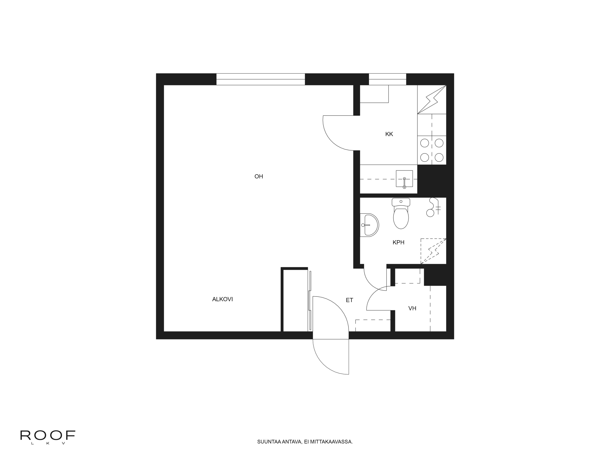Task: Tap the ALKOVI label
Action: tap(222, 299)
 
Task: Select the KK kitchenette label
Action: tap(389, 134)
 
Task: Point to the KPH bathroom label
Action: tap(398, 242)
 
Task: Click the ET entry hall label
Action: tap(349, 300)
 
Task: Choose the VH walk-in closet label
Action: tap(412, 308)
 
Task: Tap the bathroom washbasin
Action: tap(370, 225)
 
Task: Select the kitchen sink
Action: tap(404, 179)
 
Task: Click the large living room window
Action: tap(261, 79)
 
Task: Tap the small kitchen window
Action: tap(388, 79)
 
